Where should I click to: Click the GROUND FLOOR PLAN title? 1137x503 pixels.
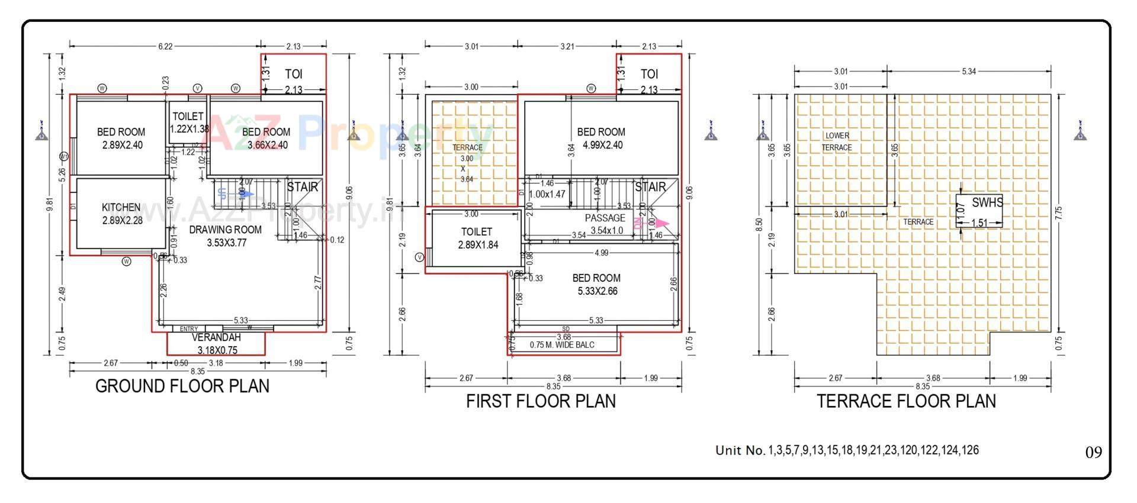[x=182, y=386]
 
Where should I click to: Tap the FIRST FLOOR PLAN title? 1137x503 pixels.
[x=541, y=401]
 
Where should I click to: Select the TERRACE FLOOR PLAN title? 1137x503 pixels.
[x=906, y=401]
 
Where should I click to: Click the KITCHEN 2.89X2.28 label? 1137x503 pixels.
[x=121, y=214]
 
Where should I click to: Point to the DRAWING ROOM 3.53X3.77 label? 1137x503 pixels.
[x=226, y=236]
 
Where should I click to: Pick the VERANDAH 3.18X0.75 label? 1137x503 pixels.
[x=216, y=344]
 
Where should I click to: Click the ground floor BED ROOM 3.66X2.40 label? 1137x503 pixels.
[x=266, y=138]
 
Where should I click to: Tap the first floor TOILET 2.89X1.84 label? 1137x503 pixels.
[x=477, y=238]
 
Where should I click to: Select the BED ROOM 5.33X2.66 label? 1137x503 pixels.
[x=596, y=284]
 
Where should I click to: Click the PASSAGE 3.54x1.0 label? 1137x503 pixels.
[x=605, y=224]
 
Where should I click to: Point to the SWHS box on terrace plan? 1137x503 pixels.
[x=979, y=211]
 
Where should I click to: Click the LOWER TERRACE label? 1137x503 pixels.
[x=837, y=141]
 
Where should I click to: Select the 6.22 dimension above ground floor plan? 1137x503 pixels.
[x=165, y=46]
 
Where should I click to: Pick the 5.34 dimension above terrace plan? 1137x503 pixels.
[x=969, y=72]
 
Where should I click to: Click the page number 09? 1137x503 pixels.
[x=1093, y=453]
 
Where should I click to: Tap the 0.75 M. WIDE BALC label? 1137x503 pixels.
[x=561, y=345]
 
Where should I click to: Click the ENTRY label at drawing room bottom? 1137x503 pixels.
[x=189, y=329]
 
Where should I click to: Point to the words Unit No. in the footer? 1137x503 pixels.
[x=740, y=450]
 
